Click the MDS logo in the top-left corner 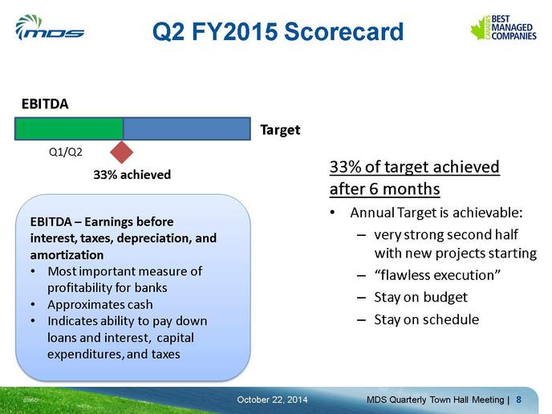click(50, 27)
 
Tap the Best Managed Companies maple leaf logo click(503, 27)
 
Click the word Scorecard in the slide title click(343, 31)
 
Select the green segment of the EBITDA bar click(69, 129)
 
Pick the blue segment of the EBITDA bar click(187, 129)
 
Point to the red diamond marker click(121, 152)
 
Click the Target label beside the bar click(280, 130)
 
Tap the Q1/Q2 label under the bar click(66, 152)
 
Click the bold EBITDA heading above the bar click(45, 103)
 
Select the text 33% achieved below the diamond click(132, 175)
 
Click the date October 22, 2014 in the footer click(272, 400)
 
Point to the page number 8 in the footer click(518, 400)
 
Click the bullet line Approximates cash click(100, 305)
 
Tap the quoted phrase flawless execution click(437, 275)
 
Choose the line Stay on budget click(420, 298)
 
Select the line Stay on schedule click(426, 319)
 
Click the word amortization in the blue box click(67, 255)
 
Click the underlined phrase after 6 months click(385, 189)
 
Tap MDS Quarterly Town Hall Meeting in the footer click(436, 400)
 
